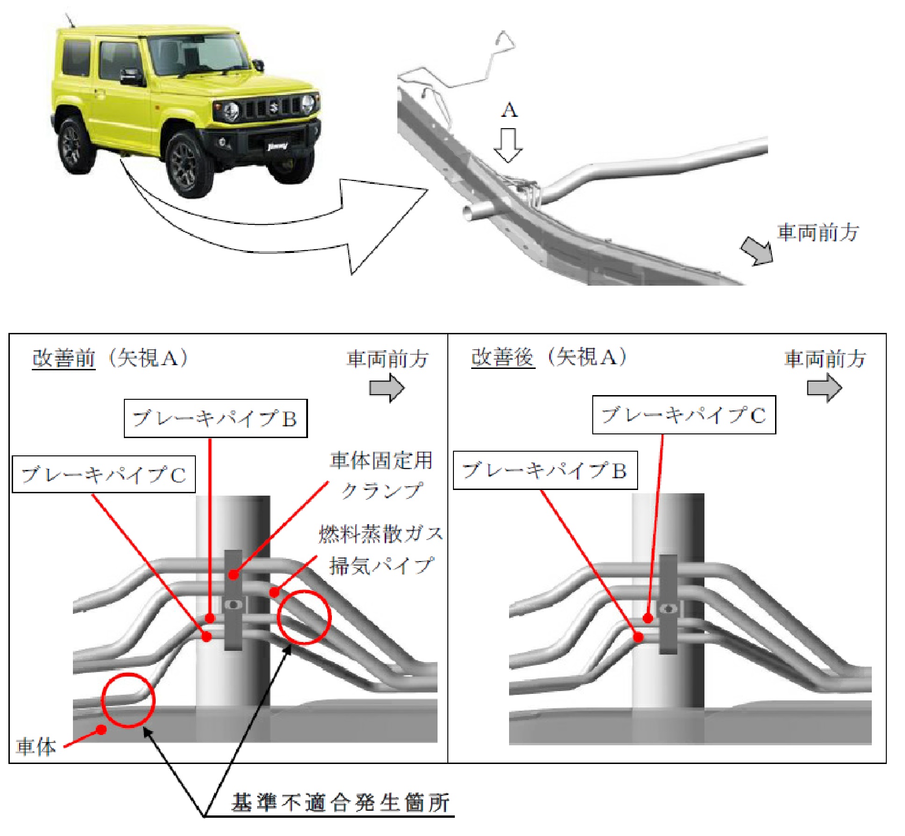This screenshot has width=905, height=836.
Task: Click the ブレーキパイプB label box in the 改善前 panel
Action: (x=215, y=418)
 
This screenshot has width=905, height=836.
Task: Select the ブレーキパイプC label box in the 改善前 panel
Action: (x=103, y=474)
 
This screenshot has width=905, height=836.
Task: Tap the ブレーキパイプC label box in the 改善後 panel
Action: (x=684, y=415)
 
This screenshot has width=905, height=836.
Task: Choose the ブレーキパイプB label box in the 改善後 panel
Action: (x=545, y=470)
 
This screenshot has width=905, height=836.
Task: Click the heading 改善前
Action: (x=64, y=358)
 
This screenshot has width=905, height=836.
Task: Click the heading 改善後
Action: (x=503, y=358)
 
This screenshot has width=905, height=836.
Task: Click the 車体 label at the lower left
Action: (x=36, y=747)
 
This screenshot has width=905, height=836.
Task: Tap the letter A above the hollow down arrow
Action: (x=509, y=110)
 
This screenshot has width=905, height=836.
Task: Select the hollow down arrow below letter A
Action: (x=508, y=145)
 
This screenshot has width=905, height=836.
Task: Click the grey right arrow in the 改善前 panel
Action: (x=387, y=388)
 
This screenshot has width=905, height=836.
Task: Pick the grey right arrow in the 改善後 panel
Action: (x=825, y=388)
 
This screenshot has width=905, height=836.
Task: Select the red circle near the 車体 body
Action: (x=128, y=700)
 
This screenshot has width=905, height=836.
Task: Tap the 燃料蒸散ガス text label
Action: (x=381, y=534)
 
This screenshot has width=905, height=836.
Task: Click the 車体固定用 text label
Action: (x=381, y=461)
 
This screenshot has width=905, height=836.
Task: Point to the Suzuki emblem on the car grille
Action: (x=274, y=108)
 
